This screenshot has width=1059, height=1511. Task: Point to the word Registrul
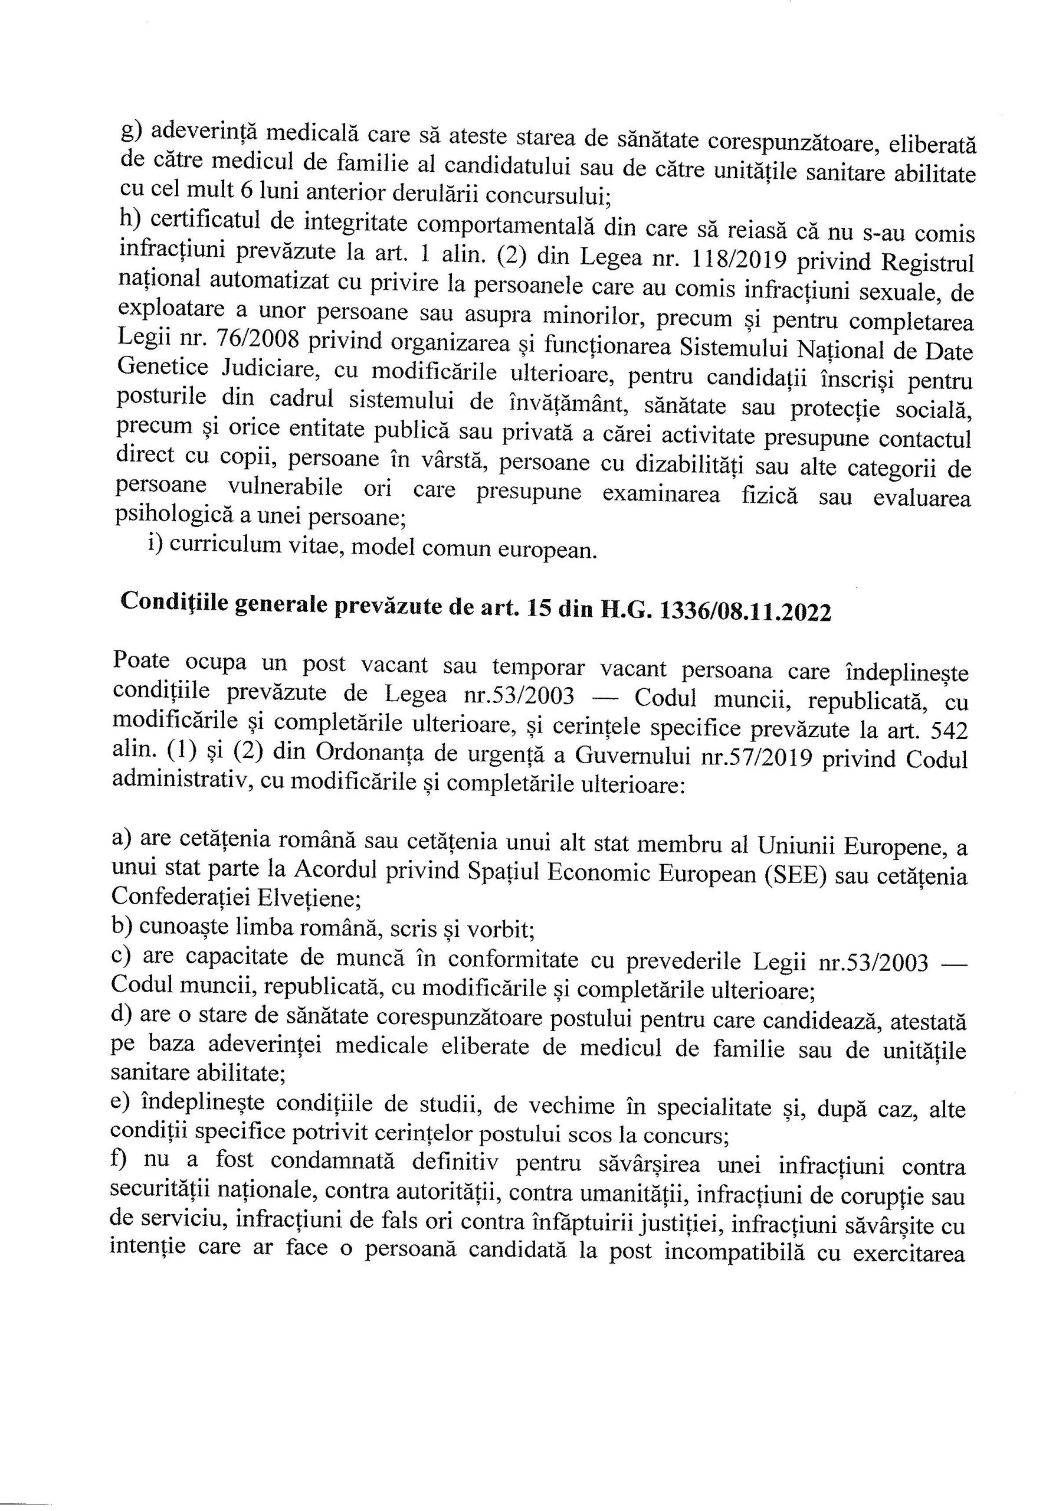[x=927, y=262]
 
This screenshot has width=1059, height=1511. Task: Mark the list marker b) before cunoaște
[x=122, y=927]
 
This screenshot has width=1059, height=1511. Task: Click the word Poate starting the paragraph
[x=142, y=660]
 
